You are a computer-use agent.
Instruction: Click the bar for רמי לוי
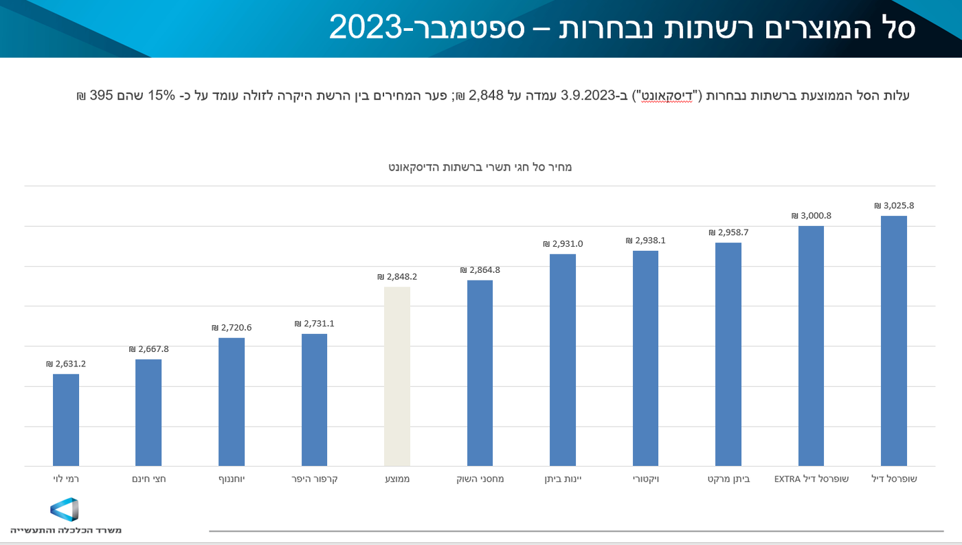click(x=66, y=420)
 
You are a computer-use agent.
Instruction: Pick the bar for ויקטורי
click(x=645, y=358)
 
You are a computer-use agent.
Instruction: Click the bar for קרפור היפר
click(x=314, y=400)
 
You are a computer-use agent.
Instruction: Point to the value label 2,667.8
click(x=148, y=349)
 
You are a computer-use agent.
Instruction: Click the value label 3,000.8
click(x=811, y=216)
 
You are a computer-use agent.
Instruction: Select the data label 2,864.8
click(x=480, y=270)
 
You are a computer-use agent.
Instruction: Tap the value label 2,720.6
click(x=232, y=328)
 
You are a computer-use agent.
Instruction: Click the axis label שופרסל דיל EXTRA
click(x=812, y=478)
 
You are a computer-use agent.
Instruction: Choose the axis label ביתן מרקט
click(x=728, y=478)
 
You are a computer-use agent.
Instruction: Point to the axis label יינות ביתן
click(x=563, y=478)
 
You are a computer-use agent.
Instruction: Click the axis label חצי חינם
click(x=148, y=478)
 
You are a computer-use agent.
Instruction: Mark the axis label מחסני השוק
click(x=480, y=478)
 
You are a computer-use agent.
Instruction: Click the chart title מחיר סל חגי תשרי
click(x=480, y=167)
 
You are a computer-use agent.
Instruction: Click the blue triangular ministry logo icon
click(x=65, y=509)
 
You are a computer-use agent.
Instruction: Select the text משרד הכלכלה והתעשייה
click(x=66, y=530)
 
